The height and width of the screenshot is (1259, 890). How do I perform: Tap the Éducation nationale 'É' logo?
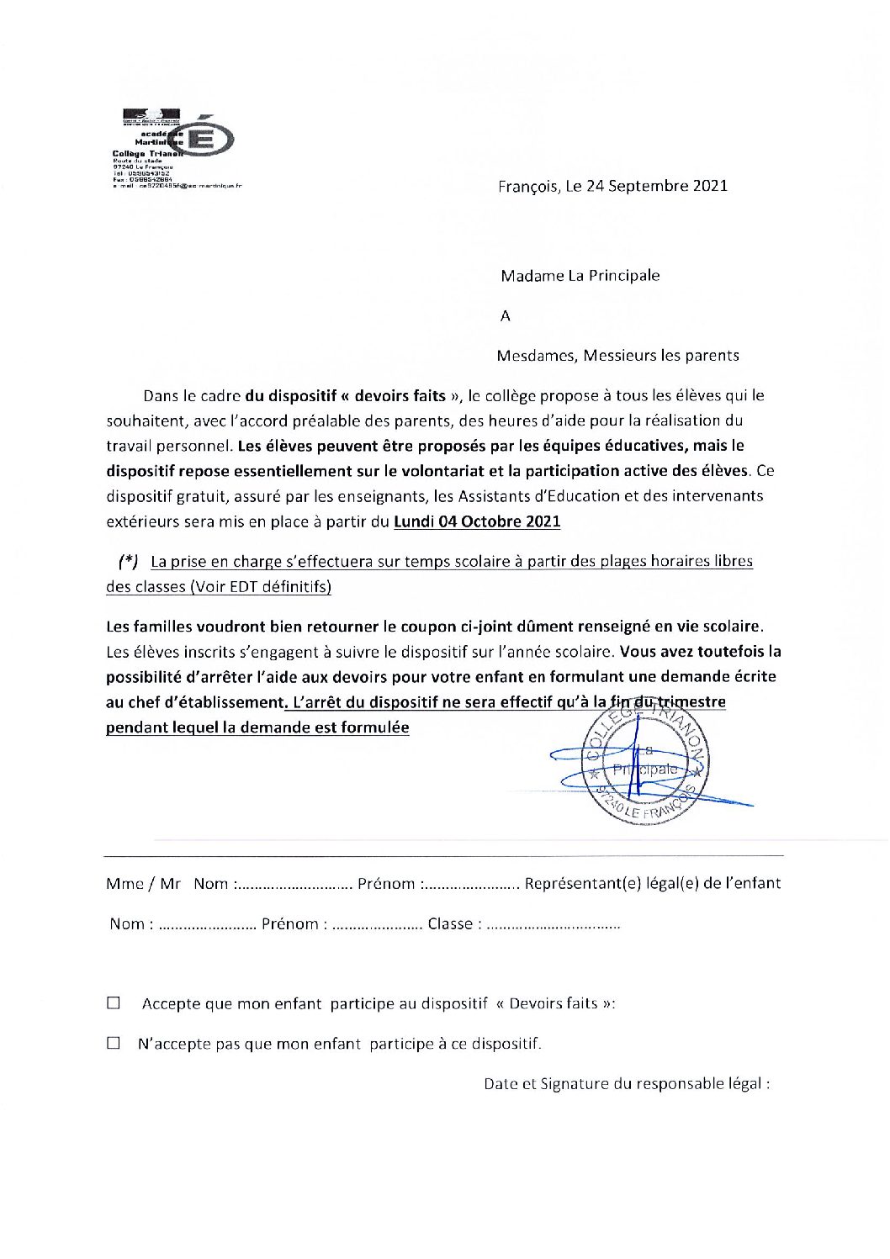(x=205, y=139)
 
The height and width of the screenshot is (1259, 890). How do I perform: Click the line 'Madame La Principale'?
(x=580, y=276)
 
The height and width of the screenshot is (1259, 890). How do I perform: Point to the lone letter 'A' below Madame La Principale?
(x=506, y=316)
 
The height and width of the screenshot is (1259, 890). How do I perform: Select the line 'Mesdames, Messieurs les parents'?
(x=617, y=356)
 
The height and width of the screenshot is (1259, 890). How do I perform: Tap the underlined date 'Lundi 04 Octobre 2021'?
(x=477, y=521)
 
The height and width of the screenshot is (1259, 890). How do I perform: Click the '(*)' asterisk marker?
(x=128, y=562)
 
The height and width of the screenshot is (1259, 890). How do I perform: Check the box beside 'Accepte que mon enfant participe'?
(x=114, y=1003)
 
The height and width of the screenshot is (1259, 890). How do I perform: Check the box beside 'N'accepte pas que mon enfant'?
(x=114, y=1044)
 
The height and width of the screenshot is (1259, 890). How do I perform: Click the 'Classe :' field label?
(x=454, y=924)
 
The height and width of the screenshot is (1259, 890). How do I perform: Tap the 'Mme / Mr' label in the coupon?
(x=143, y=884)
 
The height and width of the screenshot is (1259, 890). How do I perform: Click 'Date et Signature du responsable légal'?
(x=626, y=1084)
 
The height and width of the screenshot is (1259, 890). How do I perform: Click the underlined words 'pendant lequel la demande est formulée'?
(x=257, y=727)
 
